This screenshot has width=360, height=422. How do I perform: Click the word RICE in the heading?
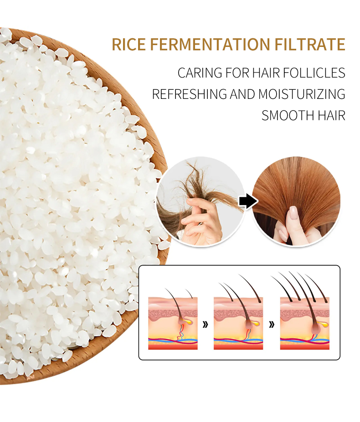(129, 45)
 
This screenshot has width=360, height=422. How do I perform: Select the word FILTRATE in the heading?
(310, 45)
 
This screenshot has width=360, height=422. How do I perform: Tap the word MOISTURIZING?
(302, 94)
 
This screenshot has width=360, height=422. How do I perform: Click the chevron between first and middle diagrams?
(206, 324)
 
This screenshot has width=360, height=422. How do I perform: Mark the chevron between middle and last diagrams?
(272, 324)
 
